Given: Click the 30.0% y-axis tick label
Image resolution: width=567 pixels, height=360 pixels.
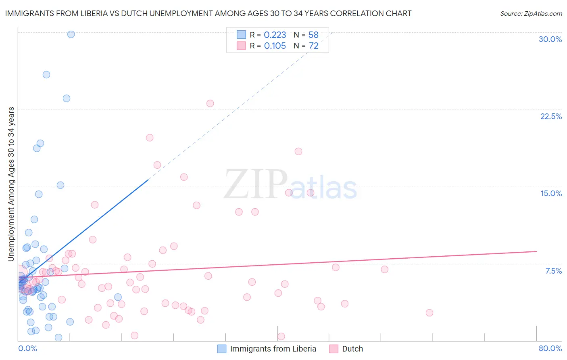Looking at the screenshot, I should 550,39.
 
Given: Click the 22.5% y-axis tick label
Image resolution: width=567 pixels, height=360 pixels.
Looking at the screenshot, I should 551,116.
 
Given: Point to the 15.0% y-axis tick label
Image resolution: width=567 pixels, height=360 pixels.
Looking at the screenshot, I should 551,193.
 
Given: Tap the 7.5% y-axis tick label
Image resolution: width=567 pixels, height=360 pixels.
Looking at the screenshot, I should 553,271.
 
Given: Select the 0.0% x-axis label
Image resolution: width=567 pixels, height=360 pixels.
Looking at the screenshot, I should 27,348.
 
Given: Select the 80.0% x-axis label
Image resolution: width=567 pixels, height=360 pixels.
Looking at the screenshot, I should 550,348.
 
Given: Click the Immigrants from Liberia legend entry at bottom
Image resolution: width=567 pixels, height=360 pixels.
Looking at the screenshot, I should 273,349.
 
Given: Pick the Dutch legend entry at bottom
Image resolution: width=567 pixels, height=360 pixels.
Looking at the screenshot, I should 352,349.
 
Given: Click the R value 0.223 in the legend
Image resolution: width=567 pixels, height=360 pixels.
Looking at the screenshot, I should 275,35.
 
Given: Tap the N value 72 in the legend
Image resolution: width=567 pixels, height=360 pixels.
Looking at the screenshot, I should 313,46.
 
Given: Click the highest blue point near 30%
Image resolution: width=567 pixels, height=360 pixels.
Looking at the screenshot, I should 71,34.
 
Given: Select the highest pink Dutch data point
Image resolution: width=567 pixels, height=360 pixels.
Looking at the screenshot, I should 210,103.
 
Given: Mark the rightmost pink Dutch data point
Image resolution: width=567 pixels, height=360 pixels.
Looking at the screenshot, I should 429,313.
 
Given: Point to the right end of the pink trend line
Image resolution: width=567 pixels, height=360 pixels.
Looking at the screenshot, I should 536,251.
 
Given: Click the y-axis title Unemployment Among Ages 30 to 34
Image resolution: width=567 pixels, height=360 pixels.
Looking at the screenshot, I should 11,184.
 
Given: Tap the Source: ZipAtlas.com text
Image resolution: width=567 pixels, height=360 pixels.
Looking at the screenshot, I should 531,14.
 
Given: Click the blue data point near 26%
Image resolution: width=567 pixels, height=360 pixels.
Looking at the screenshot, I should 46,75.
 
